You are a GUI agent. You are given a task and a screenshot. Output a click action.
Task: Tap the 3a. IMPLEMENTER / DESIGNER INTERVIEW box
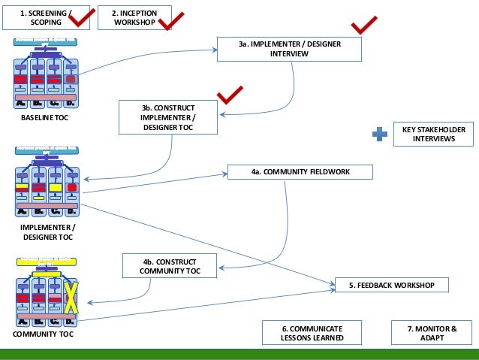[x=289, y=49]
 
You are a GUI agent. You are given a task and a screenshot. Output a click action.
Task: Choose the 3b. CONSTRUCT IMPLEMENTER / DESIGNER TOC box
[x=168, y=117]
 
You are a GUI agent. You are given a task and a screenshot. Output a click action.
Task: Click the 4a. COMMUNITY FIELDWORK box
[x=299, y=172]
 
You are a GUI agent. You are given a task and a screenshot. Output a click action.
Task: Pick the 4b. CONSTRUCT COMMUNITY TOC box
[x=170, y=265]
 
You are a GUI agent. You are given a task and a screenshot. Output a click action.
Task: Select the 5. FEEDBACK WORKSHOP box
[x=391, y=285]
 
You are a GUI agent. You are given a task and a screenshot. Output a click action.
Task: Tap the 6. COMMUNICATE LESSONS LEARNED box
[x=312, y=333]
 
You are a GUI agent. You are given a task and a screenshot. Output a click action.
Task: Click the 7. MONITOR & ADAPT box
[x=431, y=333]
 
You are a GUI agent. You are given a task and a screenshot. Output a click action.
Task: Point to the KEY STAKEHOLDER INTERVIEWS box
[x=433, y=134]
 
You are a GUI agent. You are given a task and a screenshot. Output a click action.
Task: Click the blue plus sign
[x=381, y=135]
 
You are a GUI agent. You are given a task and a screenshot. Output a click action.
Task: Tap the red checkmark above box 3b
[x=230, y=95]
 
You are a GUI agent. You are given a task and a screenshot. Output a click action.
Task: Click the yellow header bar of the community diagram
[x=46, y=260]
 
